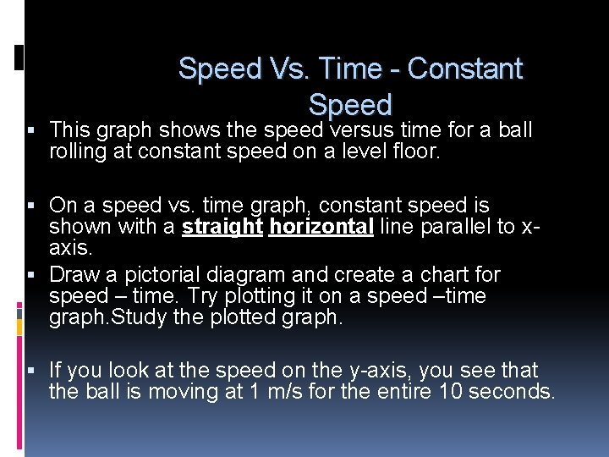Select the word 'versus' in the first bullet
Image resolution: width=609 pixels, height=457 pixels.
(x=361, y=130)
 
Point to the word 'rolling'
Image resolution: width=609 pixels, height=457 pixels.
(x=76, y=151)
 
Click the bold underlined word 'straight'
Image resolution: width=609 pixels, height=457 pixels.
(x=222, y=227)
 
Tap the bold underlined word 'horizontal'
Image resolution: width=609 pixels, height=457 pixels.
(x=321, y=227)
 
